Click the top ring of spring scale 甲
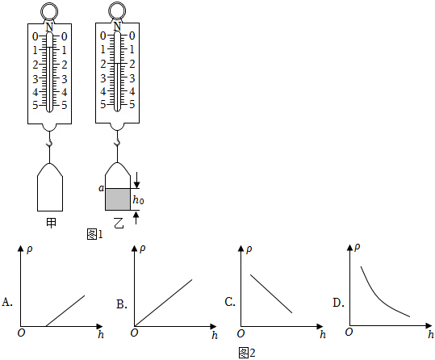[x=49, y=4]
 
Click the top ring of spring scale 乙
[x=117, y=3]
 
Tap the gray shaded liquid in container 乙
[x=118, y=199]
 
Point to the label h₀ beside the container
[x=138, y=200]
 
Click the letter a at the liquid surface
[x=101, y=188]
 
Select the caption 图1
[x=94, y=235]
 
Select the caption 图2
[x=247, y=353]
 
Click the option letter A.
[x=7, y=302]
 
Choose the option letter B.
[x=122, y=304]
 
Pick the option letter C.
[x=230, y=302]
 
